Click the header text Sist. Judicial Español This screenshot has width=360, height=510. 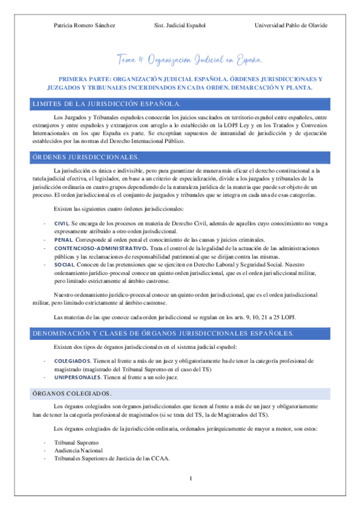pyautogui.click(x=180, y=25)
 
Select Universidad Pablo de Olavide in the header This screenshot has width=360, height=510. pyautogui.click(x=290, y=25)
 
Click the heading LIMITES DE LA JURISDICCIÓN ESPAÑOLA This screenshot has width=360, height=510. pyautogui.click(x=106, y=104)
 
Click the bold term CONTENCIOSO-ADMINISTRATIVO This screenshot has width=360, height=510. pyautogui.click(x=100, y=248)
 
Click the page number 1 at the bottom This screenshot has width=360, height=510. pyautogui.click(x=189, y=479)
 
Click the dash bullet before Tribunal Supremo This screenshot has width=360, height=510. pyautogui.click(x=45, y=443)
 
